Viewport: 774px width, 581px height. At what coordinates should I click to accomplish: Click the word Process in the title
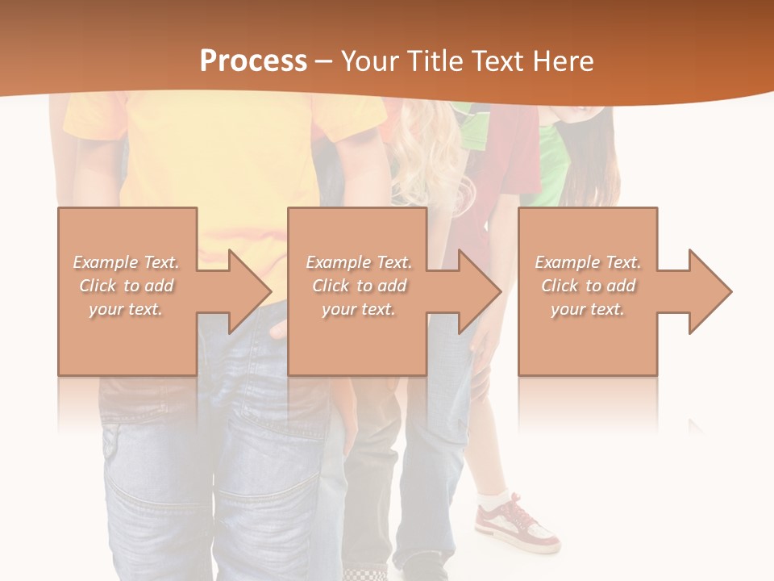(x=253, y=61)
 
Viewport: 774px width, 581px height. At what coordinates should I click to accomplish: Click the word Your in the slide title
(x=371, y=61)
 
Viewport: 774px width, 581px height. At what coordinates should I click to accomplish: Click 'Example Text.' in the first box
(x=126, y=262)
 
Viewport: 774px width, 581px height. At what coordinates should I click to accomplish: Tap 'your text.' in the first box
(x=126, y=309)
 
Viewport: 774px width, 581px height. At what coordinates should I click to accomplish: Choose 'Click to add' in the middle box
(x=359, y=286)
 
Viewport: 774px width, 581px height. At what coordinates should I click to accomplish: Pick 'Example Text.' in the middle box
(x=359, y=262)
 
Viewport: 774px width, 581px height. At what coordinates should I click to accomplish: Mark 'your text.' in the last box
(x=588, y=309)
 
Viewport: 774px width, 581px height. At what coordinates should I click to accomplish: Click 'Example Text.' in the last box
(x=588, y=262)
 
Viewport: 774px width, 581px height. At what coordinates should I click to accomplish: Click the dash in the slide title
(x=324, y=62)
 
